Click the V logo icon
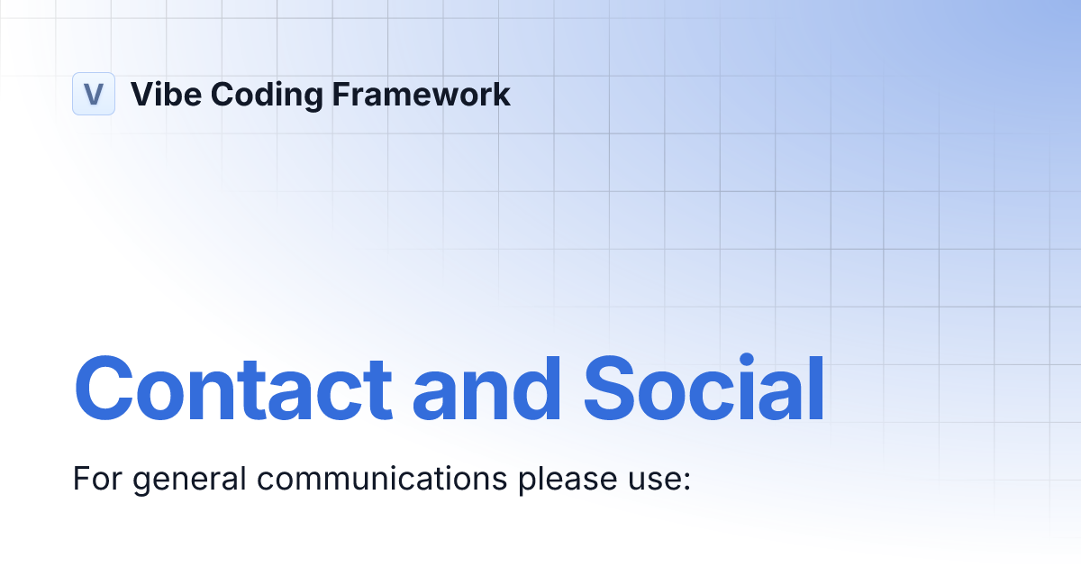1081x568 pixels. click(94, 94)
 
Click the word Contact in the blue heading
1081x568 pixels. click(232, 389)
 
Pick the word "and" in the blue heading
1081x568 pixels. click(487, 389)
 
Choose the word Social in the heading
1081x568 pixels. click(704, 389)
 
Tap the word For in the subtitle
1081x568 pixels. click(92, 478)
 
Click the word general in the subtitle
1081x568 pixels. click(186, 480)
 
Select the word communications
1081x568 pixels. click(383, 478)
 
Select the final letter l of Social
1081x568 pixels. click(815, 388)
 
